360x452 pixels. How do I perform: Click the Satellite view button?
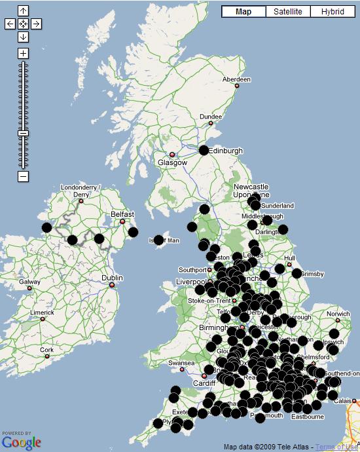coord(287,12)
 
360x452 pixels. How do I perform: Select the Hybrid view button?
coord(333,12)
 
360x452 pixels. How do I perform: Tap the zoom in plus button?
coord(23,53)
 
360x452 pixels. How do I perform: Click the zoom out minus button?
coord(23,176)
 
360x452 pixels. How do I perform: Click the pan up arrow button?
coord(23,11)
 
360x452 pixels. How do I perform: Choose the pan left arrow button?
coord(10,24)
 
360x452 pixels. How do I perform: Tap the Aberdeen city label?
coord(236,79)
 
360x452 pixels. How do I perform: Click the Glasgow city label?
coord(172,162)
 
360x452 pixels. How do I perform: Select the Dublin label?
coord(112,278)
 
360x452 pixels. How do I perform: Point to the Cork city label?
coord(46,350)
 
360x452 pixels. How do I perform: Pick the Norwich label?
coord(338,314)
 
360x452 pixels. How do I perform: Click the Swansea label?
coord(181,362)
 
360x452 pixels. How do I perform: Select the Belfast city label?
coord(122,214)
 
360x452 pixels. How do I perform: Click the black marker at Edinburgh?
coord(204,150)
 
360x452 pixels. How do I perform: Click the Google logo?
coord(21,442)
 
